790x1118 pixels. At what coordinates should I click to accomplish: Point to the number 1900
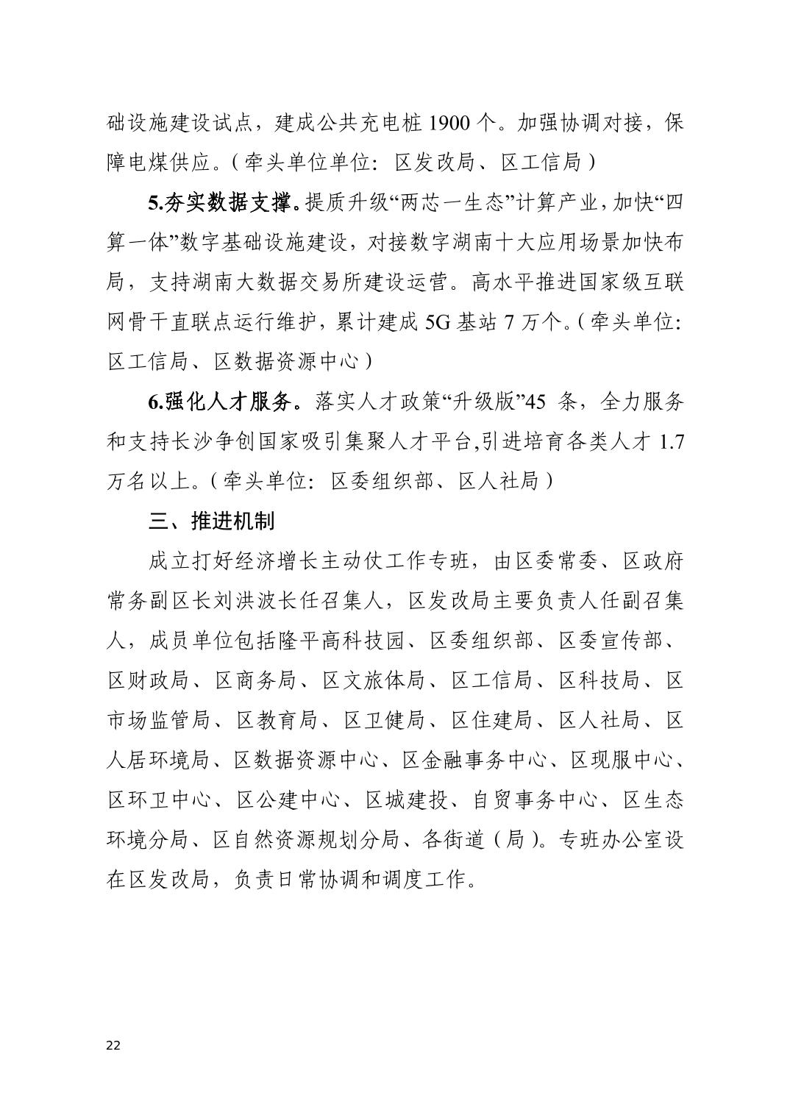pos(449,123)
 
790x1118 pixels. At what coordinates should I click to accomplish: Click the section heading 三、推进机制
pos(211,521)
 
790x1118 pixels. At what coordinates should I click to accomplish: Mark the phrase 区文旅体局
pos(374,680)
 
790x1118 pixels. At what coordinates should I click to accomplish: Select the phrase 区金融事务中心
pos(475,760)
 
